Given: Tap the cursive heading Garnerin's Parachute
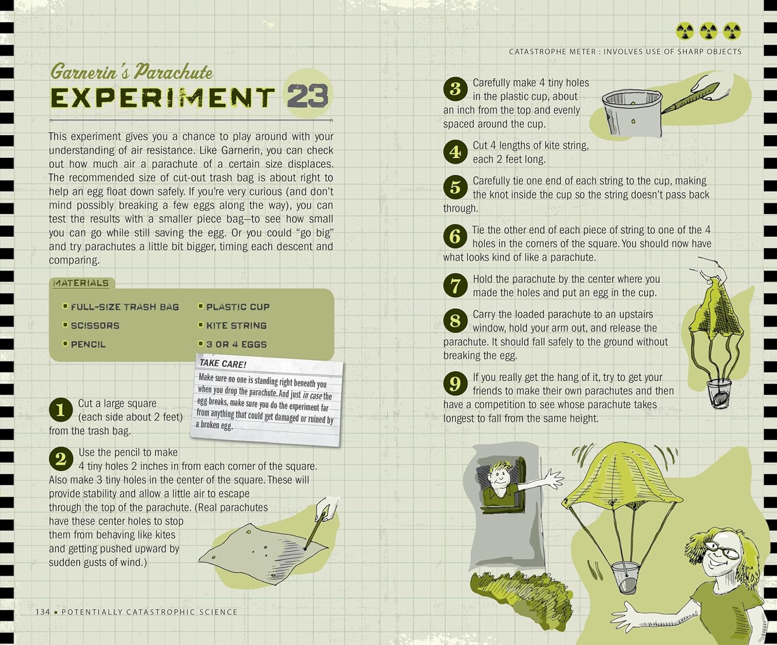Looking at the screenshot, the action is (x=132, y=71).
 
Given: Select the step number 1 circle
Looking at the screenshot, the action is (x=61, y=410).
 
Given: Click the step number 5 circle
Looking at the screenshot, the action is (x=455, y=187).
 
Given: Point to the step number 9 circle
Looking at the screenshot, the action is (x=455, y=383).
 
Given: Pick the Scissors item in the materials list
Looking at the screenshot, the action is (x=95, y=326).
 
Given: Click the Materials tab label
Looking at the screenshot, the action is (x=81, y=283).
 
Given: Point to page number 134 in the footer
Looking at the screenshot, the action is (x=43, y=612).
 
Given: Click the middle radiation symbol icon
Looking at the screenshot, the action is (x=708, y=31).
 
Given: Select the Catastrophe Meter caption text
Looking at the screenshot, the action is (x=625, y=52).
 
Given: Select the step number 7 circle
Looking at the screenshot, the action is (x=455, y=285).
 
